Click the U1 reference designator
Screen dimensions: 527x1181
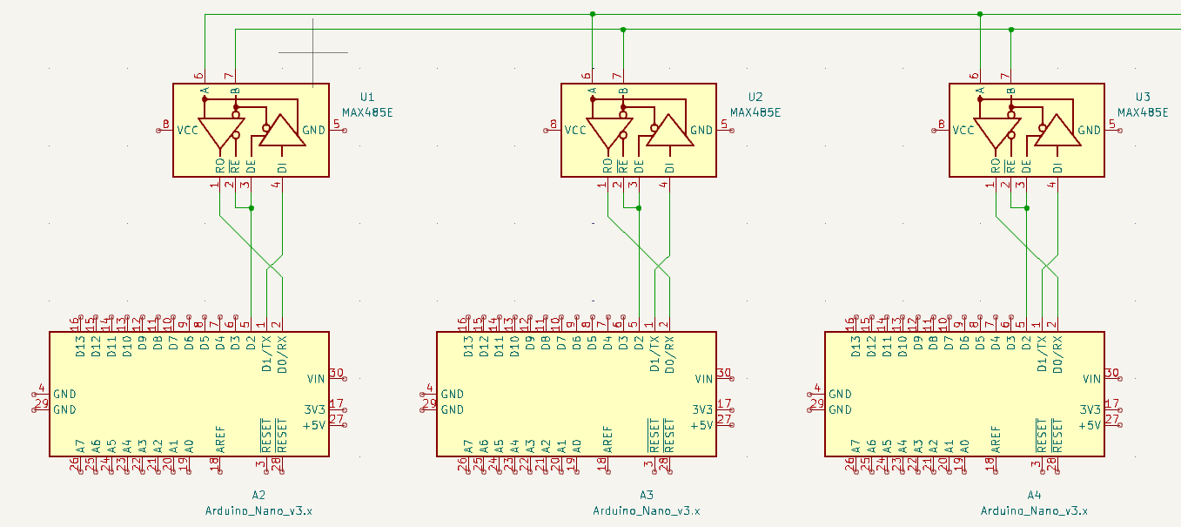click(366, 97)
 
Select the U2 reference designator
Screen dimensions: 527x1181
click(755, 97)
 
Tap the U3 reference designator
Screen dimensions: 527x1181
click(1143, 97)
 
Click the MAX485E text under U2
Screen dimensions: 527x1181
click(755, 112)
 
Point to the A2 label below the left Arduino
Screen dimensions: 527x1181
click(258, 495)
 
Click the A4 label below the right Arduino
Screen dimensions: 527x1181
click(1034, 495)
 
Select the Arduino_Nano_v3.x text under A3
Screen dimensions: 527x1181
click(647, 510)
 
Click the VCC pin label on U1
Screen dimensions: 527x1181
click(187, 131)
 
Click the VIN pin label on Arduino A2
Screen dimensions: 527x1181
click(316, 379)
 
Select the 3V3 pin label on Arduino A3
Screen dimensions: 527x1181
click(703, 409)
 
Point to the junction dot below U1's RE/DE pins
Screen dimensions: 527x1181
click(252, 208)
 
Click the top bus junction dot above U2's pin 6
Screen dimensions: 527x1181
click(592, 14)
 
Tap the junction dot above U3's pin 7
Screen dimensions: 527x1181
click(1011, 30)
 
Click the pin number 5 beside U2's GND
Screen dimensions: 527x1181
click(723, 125)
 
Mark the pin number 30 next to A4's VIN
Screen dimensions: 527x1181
click(1111, 373)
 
